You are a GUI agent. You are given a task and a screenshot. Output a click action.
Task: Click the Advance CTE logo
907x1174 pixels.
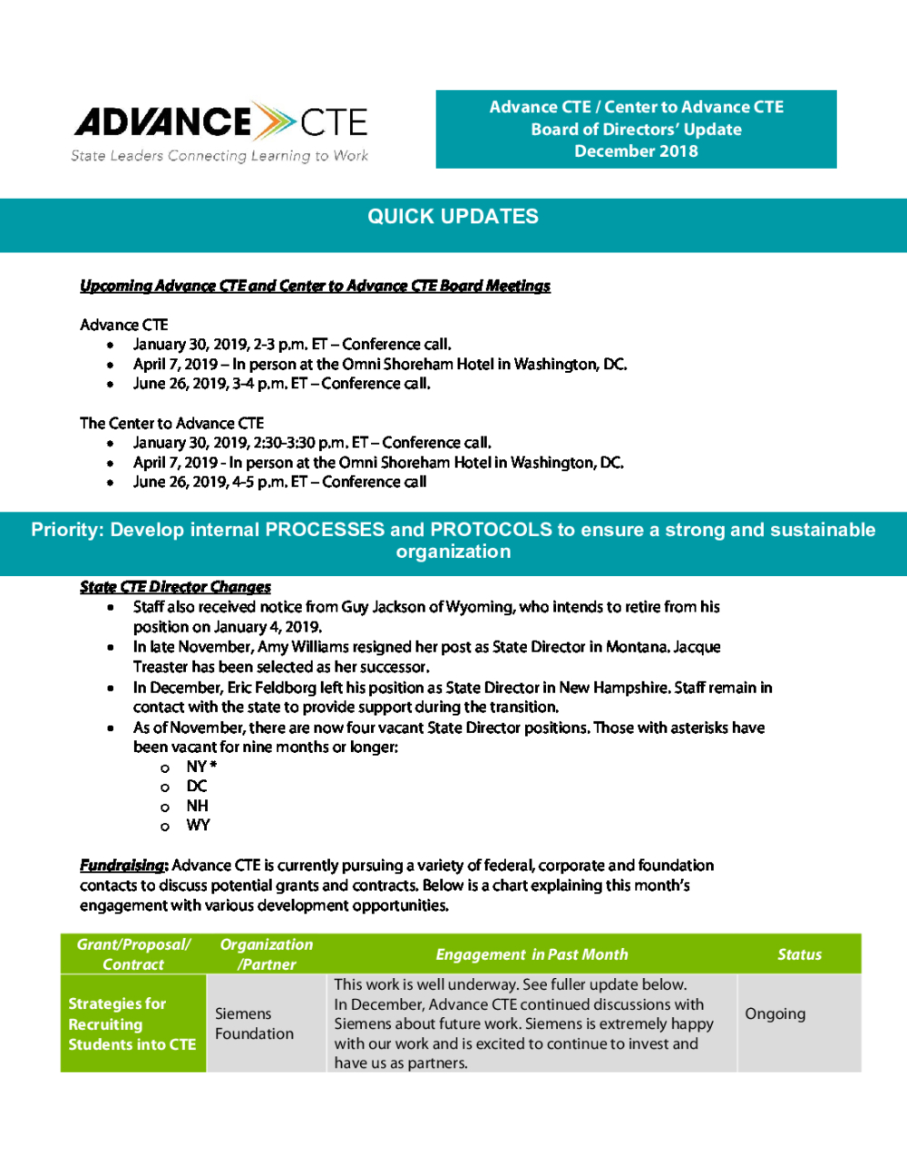point(220,122)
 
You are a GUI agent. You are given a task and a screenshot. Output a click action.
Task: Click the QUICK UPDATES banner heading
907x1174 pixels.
point(453,217)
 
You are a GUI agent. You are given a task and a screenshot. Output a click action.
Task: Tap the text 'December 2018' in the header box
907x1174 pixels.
point(636,152)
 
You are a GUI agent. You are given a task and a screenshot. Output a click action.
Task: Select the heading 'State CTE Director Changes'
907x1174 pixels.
point(175,587)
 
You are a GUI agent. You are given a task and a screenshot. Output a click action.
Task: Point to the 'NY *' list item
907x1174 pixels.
point(201,767)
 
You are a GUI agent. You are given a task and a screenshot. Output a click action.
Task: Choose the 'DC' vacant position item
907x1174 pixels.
point(197,787)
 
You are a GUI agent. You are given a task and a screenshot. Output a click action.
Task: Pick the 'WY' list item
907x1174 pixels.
point(198,826)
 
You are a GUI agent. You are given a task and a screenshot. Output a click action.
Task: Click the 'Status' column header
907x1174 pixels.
point(799,954)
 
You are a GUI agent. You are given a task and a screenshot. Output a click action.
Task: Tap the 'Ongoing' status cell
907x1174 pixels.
point(775,1013)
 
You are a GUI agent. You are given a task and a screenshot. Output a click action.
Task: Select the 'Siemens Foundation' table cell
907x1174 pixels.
point(254,1023)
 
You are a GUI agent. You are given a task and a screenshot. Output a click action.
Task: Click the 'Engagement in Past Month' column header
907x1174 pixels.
point(532,954)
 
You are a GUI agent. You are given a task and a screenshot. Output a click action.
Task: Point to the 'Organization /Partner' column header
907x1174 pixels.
point(267,954)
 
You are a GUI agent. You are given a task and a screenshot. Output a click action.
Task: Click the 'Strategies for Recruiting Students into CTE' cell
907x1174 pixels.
point(132,1024)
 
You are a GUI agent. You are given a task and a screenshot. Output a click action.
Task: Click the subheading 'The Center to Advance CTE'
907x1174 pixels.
point(171,424)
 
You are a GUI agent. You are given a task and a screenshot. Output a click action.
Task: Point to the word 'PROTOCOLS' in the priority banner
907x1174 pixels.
point(491,530)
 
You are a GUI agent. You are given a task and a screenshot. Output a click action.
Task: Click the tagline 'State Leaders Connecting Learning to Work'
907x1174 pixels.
point(219,156)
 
